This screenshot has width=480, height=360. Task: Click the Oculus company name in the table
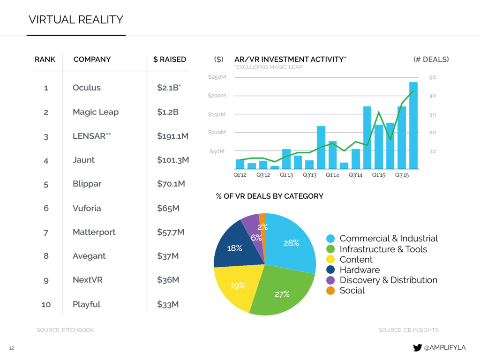click(x=87, y=88)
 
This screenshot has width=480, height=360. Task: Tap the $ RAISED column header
click(x=170, y=60)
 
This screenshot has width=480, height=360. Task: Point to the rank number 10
click(x=46, y=304)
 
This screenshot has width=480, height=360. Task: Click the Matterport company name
click(x=94, y=232)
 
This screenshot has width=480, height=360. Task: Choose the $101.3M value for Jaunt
click(x=173, y=160)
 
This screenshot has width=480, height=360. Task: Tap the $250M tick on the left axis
click(x=217, y=77)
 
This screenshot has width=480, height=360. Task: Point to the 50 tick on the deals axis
click(x=433, y=77)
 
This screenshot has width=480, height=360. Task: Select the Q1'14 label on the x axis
click(x=332, y=175)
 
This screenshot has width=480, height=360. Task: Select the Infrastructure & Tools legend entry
click(x=383, y=249)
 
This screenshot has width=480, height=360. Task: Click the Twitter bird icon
click(x=417, y=347)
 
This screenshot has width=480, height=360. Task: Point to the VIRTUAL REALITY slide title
click(x=76, y=20)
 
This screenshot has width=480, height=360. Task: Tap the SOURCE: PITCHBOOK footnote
click(x=65, y=330)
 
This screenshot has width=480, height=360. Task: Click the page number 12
click(x=12, y=348)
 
